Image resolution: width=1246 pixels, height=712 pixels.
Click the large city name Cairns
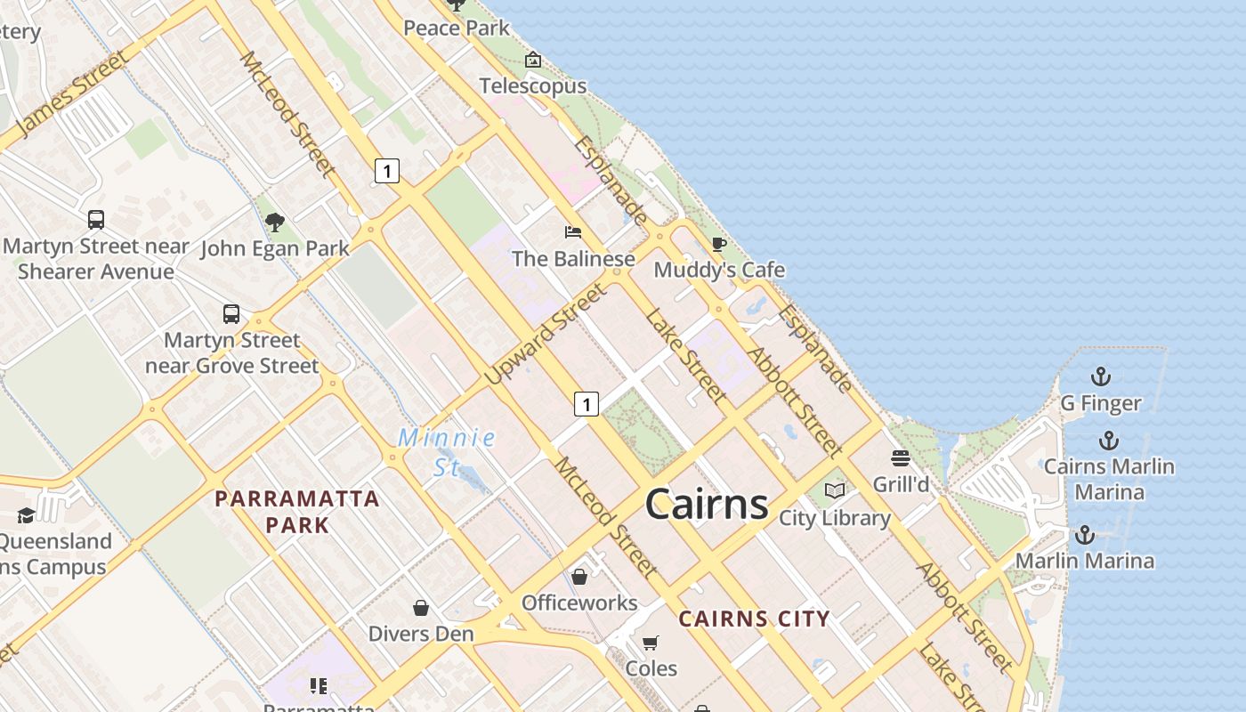(x=707, y=504)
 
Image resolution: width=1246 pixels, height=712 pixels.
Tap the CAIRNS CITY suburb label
(x=754, y=619)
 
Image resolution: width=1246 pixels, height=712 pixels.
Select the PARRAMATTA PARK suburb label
(x=297, y=511)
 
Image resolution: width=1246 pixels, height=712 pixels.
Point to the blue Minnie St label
(x=447, y=451)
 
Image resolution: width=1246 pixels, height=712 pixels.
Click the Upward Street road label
(x=546, y=335)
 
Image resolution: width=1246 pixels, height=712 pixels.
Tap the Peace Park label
(x=457, y=28)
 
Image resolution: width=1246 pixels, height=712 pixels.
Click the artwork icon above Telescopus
(x=533, y=61)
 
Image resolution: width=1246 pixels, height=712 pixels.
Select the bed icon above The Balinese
(x=573, y=232)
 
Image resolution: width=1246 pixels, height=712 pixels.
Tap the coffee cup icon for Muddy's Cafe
(x=719, y=244)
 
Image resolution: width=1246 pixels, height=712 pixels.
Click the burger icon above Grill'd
(x=901, y=458)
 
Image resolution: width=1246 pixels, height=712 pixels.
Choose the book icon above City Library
(x=835, y=490)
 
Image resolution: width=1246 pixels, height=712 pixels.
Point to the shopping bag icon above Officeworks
(x=579, y=577)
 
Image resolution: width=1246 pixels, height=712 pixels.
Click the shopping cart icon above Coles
(x=651, y=643)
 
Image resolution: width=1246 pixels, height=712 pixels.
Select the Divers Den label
(x=421, y=634)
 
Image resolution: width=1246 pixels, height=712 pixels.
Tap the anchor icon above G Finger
(x=1101, y=376)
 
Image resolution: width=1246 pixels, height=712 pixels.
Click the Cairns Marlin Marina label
(x=1109, y=479)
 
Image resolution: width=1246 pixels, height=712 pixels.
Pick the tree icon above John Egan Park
(x=275, y=222)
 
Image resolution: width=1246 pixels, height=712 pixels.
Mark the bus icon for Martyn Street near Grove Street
(x=231, y=313)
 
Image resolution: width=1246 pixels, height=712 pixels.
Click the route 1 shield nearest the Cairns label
(x=586, y=404)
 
